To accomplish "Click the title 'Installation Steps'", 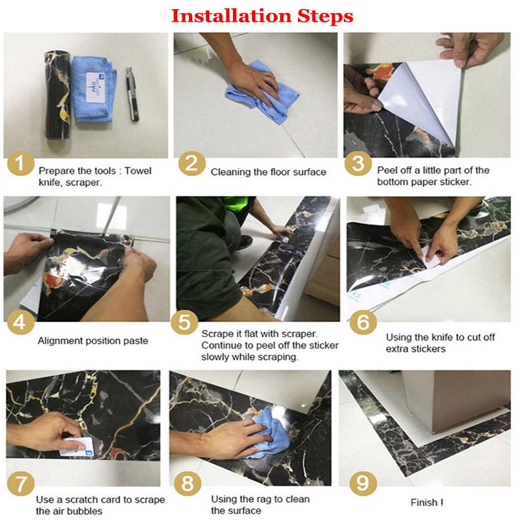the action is click(x=262, y=16).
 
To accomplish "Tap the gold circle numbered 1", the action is click(x=20, y=164).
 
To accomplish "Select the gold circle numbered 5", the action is click(x=184, y=322).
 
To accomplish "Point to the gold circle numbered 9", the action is click(x=363, y=484).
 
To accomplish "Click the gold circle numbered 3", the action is click(x=358, y=163).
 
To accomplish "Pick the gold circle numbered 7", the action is click(x=20, y=484).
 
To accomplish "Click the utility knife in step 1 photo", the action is click(x=133, y=94).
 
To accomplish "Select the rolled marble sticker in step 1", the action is click(x=58, y=95).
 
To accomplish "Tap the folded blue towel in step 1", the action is click(x=94, y=89).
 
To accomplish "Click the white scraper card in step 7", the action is click(x=77, y=447).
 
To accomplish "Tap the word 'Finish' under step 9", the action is click(x=424, y=502).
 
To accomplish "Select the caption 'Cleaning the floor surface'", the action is click(x=268, y=172).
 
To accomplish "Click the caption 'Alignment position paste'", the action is click(x=93, y=341).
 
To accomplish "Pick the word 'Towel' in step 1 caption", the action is click(x=138, y=171).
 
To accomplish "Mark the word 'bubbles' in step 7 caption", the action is click(x=85, y=511).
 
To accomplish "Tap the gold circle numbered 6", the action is click(x=363, y=322).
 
